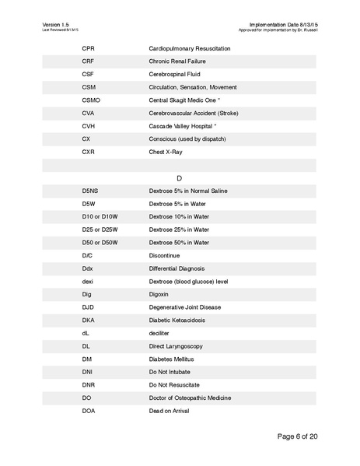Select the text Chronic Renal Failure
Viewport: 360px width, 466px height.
[177, 62]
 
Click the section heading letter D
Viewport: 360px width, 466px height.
[179, 178]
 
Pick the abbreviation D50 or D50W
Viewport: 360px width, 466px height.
[100, 242]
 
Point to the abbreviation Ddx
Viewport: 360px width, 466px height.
[87, 268]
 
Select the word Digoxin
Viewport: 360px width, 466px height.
[159, 294]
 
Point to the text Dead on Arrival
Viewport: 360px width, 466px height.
[169, 410]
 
